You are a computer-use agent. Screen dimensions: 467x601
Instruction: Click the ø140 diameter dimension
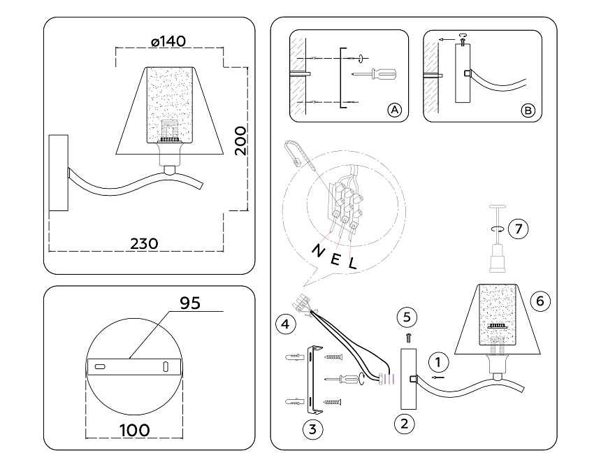[x=168, y=41]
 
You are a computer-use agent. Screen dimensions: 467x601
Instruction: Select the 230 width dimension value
[x=145, y=243]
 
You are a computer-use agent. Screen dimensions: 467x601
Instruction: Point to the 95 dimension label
[x=190, y=303]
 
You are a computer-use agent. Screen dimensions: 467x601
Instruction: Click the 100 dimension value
[x=134, y=429]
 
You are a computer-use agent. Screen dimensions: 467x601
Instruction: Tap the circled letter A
[x=394, y=110]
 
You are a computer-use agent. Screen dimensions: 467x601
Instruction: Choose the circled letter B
[x=528, y=110]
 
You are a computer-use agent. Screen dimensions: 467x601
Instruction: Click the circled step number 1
[x=438, y=362]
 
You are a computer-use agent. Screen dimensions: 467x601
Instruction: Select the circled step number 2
[x=402, y=422]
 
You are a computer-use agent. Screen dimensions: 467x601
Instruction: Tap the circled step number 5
[x=409, y=316]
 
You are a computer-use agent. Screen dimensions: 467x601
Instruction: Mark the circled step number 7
[x=517, y=228]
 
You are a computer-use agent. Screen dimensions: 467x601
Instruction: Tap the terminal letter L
[x=353, y=264]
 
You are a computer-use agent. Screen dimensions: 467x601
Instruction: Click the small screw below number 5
[x=409, y=337]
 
